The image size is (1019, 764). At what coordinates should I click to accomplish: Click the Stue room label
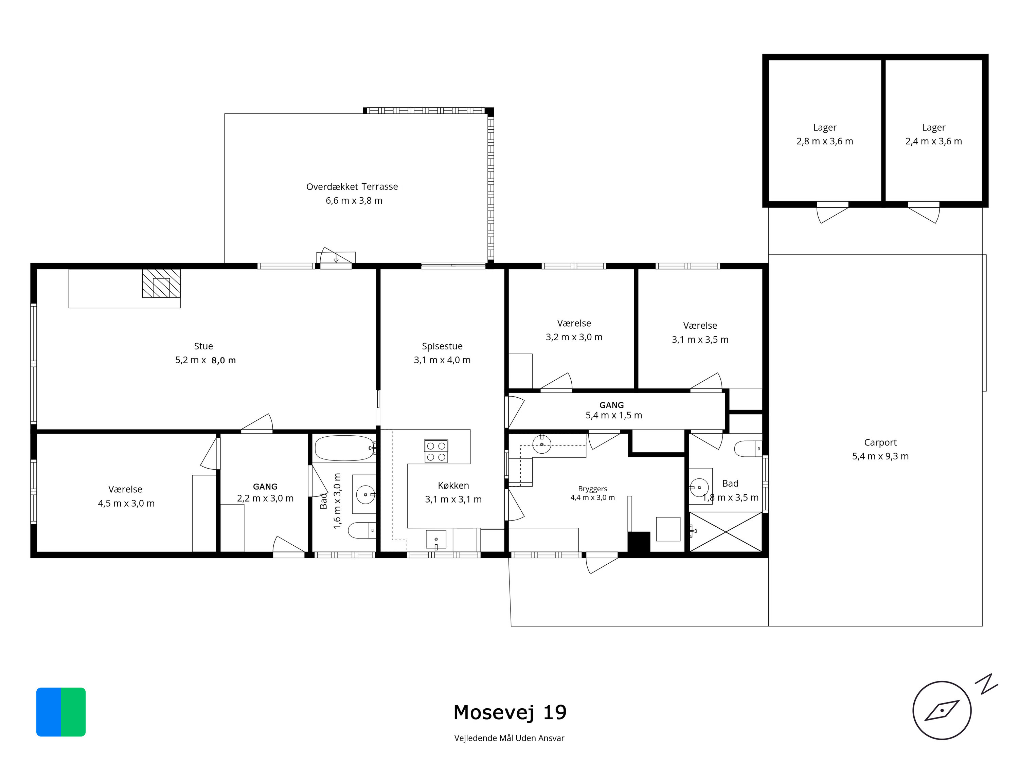point(203,346)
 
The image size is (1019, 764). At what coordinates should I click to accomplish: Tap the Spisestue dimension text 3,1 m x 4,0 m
point(442,360)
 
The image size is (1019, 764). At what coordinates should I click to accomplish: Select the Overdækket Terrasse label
point(352,186)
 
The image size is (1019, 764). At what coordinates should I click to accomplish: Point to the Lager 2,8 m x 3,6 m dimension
point(825,141)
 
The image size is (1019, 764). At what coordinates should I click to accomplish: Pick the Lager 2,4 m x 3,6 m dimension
point(934,141)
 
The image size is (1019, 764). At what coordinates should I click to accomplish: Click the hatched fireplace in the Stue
point(161,283)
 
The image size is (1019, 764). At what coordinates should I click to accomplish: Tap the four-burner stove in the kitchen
point(436,451)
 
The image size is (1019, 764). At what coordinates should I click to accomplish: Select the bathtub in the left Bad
point(344,448)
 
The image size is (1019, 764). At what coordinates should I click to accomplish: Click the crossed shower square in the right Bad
point(726,532)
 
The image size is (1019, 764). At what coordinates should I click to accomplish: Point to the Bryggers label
point(592,489)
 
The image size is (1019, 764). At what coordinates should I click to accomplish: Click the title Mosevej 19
point(510,712)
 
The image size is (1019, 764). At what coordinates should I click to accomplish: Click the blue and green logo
point(61,712)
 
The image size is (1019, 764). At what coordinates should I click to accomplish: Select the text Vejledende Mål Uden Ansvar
point(509,738)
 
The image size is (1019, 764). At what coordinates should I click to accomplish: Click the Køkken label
point(453,485)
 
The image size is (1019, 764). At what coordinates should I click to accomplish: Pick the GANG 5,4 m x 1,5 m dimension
point(614,415)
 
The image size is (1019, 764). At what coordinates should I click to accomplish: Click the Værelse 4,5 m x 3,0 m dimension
point(126,503)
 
